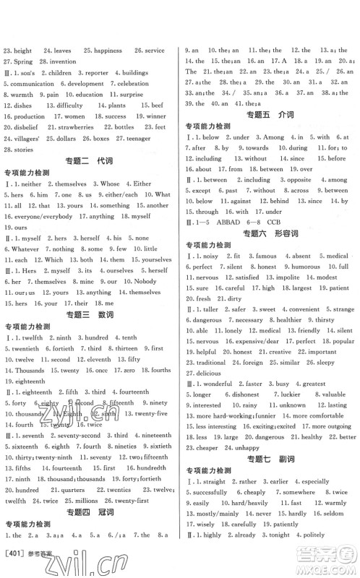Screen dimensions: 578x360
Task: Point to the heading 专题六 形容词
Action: (x=269, y=234)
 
